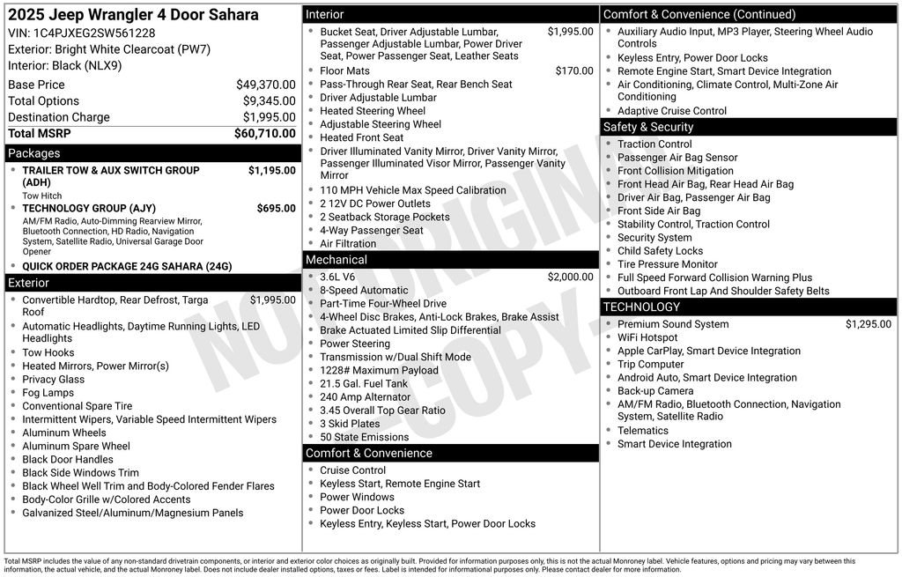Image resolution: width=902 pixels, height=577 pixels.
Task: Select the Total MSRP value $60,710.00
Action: point(264,134)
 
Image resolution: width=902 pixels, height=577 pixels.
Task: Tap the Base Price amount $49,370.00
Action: point(265,85)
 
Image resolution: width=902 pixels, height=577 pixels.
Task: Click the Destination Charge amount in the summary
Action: point(269,117)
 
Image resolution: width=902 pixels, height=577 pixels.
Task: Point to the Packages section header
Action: point(34,153)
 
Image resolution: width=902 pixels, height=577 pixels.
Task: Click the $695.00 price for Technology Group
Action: point(276,209)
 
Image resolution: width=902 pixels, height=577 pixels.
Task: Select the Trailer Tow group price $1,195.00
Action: point(271,171)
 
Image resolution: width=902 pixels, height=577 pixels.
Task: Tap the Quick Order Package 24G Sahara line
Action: point(127,266)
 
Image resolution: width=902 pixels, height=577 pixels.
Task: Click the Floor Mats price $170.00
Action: point(574,71)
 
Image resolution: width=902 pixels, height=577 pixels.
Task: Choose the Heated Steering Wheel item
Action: point(373,111)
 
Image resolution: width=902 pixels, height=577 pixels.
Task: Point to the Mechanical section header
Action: point(336,260)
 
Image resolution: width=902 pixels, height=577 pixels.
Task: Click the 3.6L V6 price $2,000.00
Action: point(570,277)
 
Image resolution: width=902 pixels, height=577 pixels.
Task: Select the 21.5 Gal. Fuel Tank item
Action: point(364,384)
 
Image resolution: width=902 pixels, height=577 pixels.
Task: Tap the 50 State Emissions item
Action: point(364,437)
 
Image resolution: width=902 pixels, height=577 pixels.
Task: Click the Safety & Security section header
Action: point(648,127)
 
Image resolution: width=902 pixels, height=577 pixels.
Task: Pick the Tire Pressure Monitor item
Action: point(667,264)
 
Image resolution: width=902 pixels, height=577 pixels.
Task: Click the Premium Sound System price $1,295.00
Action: point(868,324)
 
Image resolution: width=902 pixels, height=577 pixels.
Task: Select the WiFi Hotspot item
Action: point(647,337)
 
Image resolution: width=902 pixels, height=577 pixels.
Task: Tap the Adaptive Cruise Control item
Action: point(672,111)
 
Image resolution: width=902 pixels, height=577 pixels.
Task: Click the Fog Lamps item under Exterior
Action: point(48,393)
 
